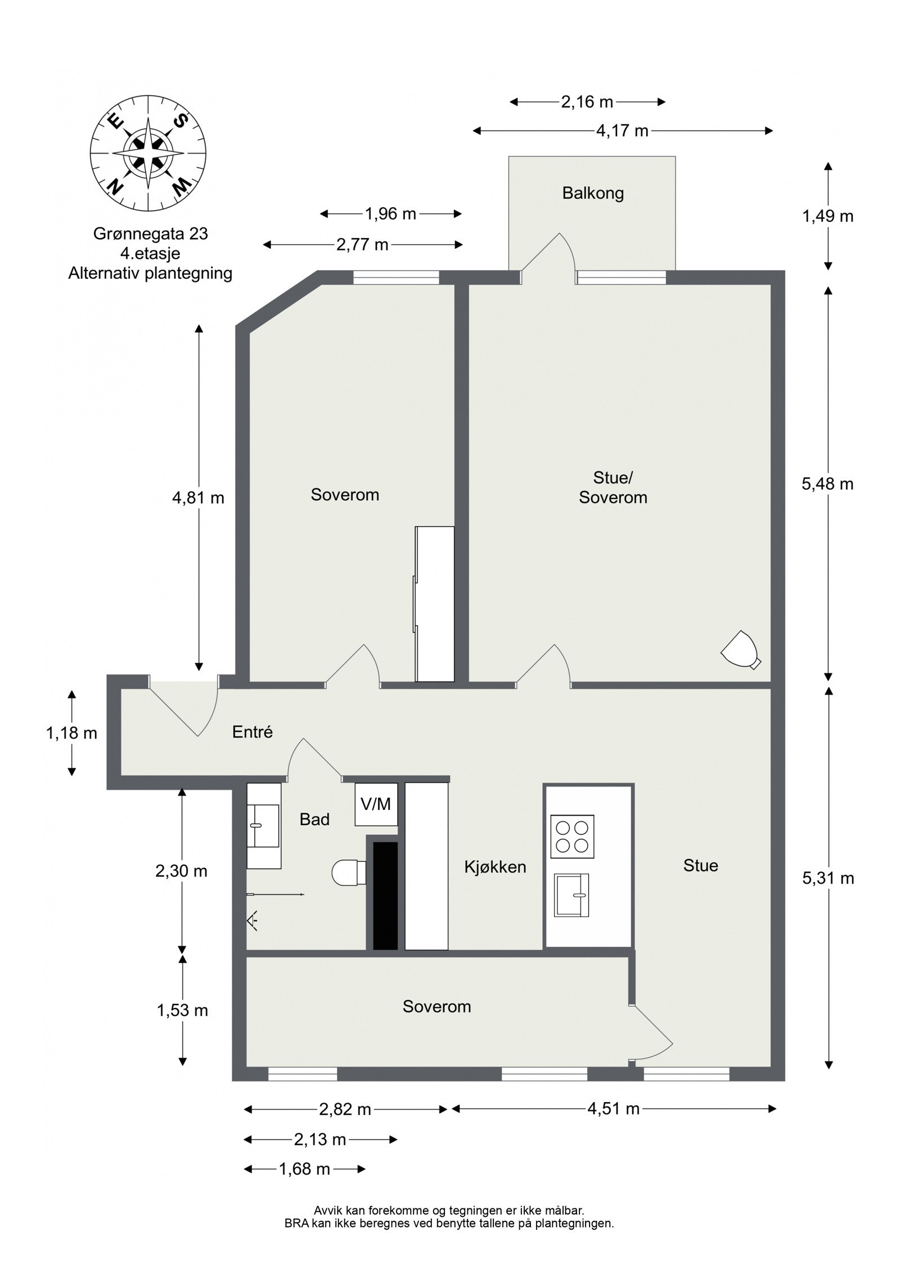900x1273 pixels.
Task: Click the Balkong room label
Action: pos(593,194)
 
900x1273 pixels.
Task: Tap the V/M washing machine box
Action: pos(376,804)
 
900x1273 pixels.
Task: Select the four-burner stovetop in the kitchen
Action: pos(572,836)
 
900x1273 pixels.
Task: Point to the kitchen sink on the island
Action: pos(571,895)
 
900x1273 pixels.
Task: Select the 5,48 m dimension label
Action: pos(827,484)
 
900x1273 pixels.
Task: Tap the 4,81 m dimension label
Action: pos(198,498)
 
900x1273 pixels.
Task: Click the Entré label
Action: pos(253,732)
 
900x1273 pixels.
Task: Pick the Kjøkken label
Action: pos(495,867)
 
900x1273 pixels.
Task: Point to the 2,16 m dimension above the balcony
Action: pos(587,102)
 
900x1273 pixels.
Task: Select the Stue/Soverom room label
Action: pos(613,488)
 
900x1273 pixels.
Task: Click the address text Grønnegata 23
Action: pos(151,233)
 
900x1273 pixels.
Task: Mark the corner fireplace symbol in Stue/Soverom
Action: pos(741,650)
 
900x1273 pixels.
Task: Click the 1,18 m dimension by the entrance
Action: pos(71,733)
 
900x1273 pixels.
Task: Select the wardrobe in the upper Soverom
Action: pos(435,604)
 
